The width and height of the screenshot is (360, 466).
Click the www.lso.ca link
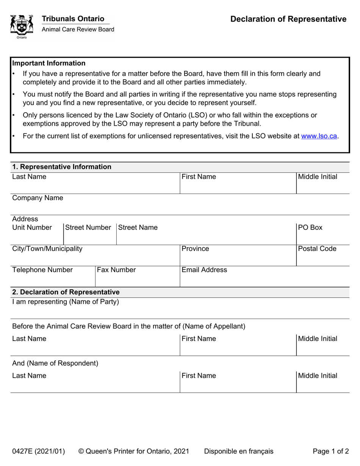tap(319, 136)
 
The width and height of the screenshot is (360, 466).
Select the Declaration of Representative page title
tap(288, 19)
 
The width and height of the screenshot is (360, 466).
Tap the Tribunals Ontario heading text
tap(73, 19)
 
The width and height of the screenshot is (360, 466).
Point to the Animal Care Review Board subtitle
tap(78, 30)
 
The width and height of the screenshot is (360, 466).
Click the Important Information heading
tap(49, 63)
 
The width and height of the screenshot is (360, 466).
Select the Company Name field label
tap(38, 198)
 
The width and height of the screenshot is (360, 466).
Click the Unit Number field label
tap(32, 228)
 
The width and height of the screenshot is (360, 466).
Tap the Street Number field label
tap(88, 228)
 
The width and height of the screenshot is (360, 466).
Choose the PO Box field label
tap(310, 228)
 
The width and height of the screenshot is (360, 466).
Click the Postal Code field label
tap(317, 249)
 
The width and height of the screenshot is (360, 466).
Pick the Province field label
tap(195, 249)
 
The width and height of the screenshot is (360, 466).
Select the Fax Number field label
tap(116, 270)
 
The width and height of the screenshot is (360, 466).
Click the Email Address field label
tap(204, 270)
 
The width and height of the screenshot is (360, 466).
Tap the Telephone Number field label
tap(42, 270)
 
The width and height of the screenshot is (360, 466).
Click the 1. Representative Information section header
tap(62, 167)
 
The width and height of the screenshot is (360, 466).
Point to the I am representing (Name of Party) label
tap(66, 302)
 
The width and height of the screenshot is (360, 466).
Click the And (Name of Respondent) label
tap(55, 363)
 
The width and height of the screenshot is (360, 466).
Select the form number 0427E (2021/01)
tap(38, 451)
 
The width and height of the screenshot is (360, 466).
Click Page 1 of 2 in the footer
tap(330, 451)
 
